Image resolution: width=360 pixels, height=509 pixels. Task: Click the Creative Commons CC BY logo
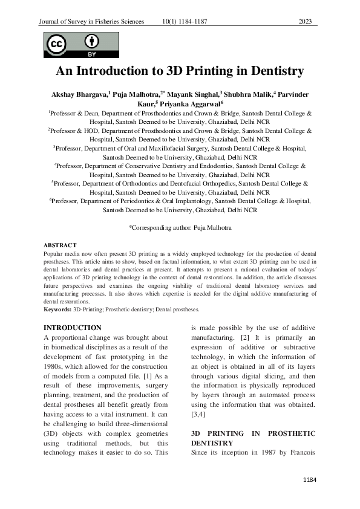click(x=73, y=45)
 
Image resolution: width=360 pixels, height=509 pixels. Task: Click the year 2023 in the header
click(x=305, y=22)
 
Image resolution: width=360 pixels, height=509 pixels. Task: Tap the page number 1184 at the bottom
click(x=310, y=479)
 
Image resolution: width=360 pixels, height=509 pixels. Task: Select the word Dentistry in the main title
click(x=270, y=71)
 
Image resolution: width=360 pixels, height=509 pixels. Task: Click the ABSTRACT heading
click(x=60, y=245)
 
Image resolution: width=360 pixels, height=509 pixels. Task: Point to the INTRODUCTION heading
click(x=73, y=328)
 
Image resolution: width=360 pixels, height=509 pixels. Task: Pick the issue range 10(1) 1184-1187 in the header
click(x=185, y=22)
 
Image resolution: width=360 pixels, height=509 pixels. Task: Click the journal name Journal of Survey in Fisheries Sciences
click(x=91, y=22)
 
